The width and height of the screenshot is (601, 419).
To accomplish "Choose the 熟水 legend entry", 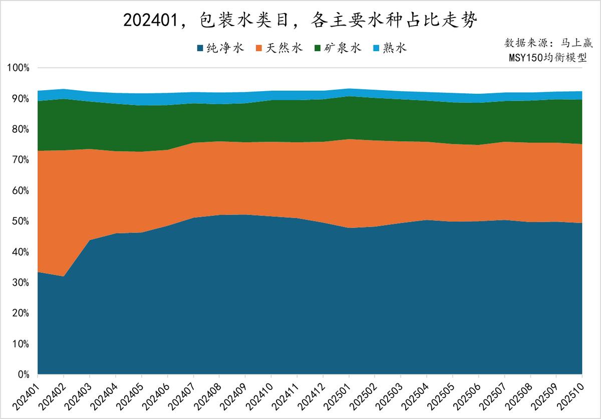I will [390, 48].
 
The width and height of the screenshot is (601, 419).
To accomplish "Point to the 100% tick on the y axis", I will [19, 68].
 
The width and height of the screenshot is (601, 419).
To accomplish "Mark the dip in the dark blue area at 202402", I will [64, 277].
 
